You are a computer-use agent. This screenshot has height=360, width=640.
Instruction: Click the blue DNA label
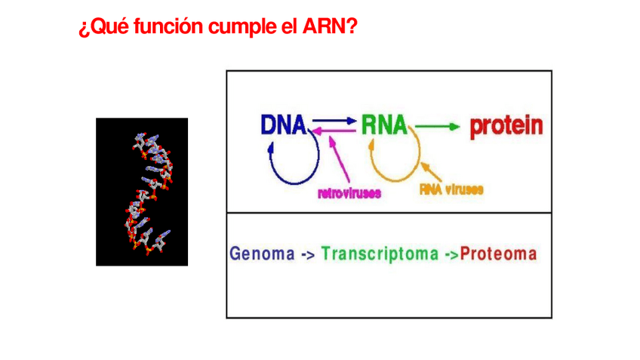coord(283,125)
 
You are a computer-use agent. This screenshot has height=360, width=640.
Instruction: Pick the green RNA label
coord(383,125)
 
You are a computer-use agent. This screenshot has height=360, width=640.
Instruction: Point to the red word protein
coord(506,125)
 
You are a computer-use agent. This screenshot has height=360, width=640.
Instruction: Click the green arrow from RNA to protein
coord(437,127)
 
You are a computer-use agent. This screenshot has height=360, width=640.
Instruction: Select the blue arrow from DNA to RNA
coord(333,120)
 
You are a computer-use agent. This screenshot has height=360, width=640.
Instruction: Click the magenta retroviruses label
coord(349,193)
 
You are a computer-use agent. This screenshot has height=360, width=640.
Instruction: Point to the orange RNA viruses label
coord(451,189)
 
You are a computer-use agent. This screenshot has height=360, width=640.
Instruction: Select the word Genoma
coord(262,254)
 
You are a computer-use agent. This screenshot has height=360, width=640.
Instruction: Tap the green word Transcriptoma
coord(379,254)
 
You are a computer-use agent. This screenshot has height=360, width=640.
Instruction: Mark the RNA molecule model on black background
coord(142,192)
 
